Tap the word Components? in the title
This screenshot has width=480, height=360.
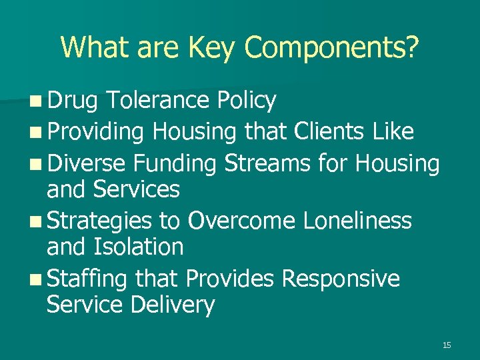click(331, 47)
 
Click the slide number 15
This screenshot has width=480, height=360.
click(446, 345)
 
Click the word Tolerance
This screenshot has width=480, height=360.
click(157, 101)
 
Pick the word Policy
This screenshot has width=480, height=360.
click(246, 101)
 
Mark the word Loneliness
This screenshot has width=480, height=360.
click(357, 220)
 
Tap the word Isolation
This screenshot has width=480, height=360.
click(139, 247)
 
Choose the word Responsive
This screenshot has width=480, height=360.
click(341, 278)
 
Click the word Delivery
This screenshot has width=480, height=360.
click(173, 305)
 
